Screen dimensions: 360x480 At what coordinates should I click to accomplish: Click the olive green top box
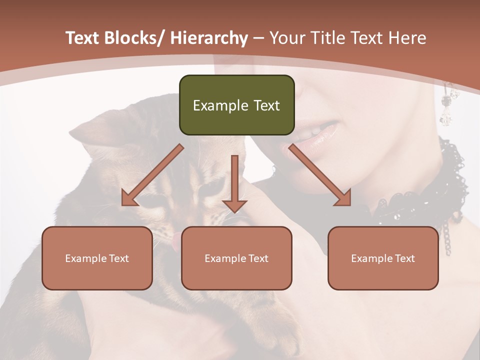point(236,105)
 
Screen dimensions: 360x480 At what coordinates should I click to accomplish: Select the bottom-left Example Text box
point(97,258)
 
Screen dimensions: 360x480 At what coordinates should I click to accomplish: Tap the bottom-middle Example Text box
point(236,258)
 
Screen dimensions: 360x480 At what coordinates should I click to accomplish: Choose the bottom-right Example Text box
point(383,258)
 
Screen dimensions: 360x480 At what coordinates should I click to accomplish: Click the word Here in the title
point(406,38)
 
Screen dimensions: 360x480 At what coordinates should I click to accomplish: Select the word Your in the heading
point(285,38)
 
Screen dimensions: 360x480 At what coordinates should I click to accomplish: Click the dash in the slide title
point(258,38)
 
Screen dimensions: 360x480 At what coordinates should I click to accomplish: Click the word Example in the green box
point(213,105)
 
